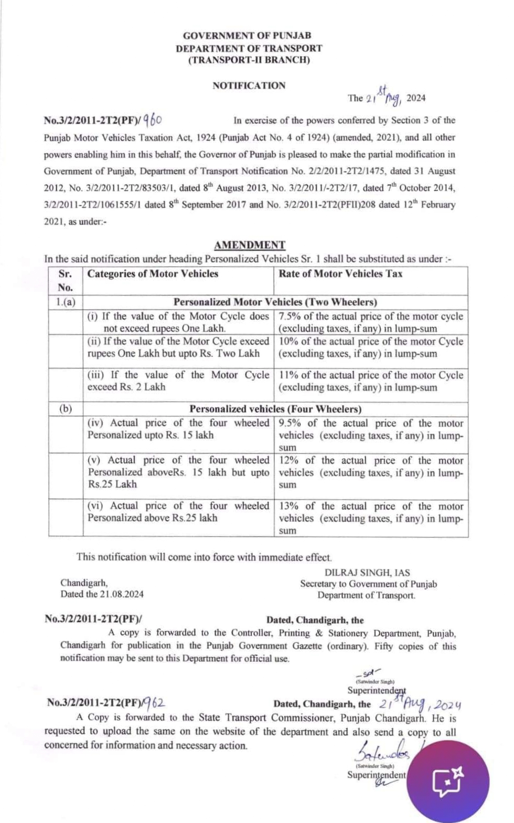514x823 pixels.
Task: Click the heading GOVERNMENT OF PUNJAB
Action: pos(247,36)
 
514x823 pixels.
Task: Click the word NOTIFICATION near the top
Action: pos(249,86)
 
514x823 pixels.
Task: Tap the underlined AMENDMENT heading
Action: pos(250,245)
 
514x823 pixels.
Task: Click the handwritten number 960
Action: pos(153,120)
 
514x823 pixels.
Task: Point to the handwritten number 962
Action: pos(155,702)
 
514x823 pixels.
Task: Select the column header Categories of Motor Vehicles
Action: pos(153,273)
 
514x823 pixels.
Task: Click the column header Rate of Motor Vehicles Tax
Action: pos(341,273)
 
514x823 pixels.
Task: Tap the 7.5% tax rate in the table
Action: pos(290,316)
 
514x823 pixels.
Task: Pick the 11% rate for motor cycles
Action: pos(288,375)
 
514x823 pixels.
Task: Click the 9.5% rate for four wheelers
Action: pos(290,423)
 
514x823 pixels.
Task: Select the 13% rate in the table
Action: pos(288,506)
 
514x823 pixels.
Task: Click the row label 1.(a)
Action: pos(66,302)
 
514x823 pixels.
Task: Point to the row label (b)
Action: pos(66,409)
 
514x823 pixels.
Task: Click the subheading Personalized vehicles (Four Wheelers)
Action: pos(275,409)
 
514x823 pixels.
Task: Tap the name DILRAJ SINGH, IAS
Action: pos(367,573)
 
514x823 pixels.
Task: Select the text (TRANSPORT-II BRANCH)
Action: pos(249,60)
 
